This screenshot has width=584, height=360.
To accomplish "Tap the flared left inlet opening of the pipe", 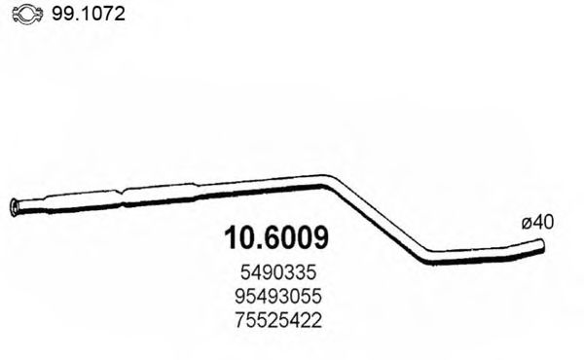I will click(14, 205).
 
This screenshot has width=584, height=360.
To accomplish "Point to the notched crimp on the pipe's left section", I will click(123, 198).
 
